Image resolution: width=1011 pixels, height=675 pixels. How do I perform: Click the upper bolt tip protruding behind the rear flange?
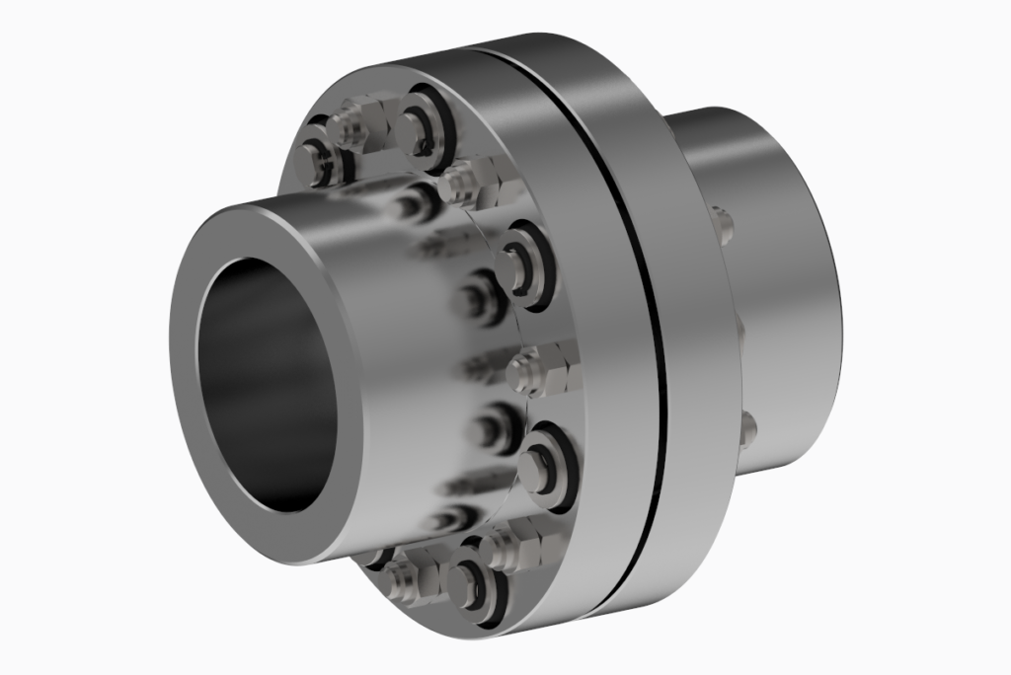724,224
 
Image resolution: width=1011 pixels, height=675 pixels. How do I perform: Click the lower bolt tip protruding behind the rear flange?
747,427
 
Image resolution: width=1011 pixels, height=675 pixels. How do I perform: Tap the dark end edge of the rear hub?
834,296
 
